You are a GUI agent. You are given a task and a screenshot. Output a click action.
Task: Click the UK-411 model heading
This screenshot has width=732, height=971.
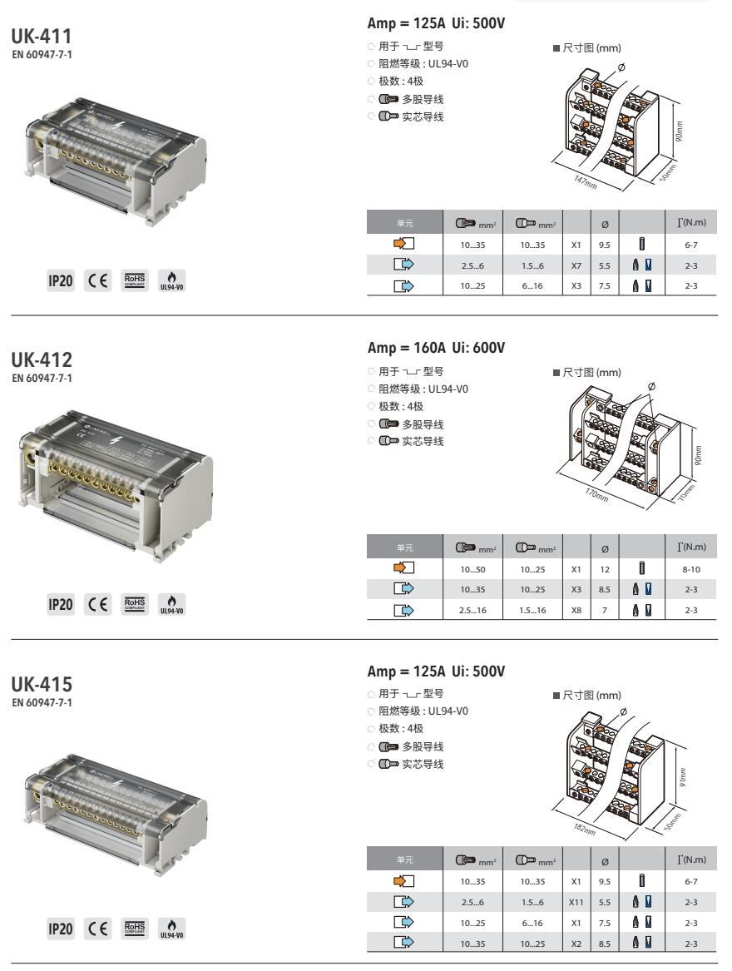42,36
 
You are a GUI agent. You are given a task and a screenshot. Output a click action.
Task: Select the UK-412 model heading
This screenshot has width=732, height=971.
42,359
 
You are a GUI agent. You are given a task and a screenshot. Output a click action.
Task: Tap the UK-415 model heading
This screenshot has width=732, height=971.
42,684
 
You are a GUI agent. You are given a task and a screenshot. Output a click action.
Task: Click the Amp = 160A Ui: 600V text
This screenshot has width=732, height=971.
436,348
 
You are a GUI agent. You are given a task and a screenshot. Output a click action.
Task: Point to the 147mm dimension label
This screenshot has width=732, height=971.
586,182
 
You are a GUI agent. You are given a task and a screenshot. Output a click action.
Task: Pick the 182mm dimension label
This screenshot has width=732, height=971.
584,830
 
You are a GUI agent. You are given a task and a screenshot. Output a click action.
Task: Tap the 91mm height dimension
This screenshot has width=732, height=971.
682,777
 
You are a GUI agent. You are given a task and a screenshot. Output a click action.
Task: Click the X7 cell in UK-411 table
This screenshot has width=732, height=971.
576,265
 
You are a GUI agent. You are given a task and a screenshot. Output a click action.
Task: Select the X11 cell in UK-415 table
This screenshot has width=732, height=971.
576,902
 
